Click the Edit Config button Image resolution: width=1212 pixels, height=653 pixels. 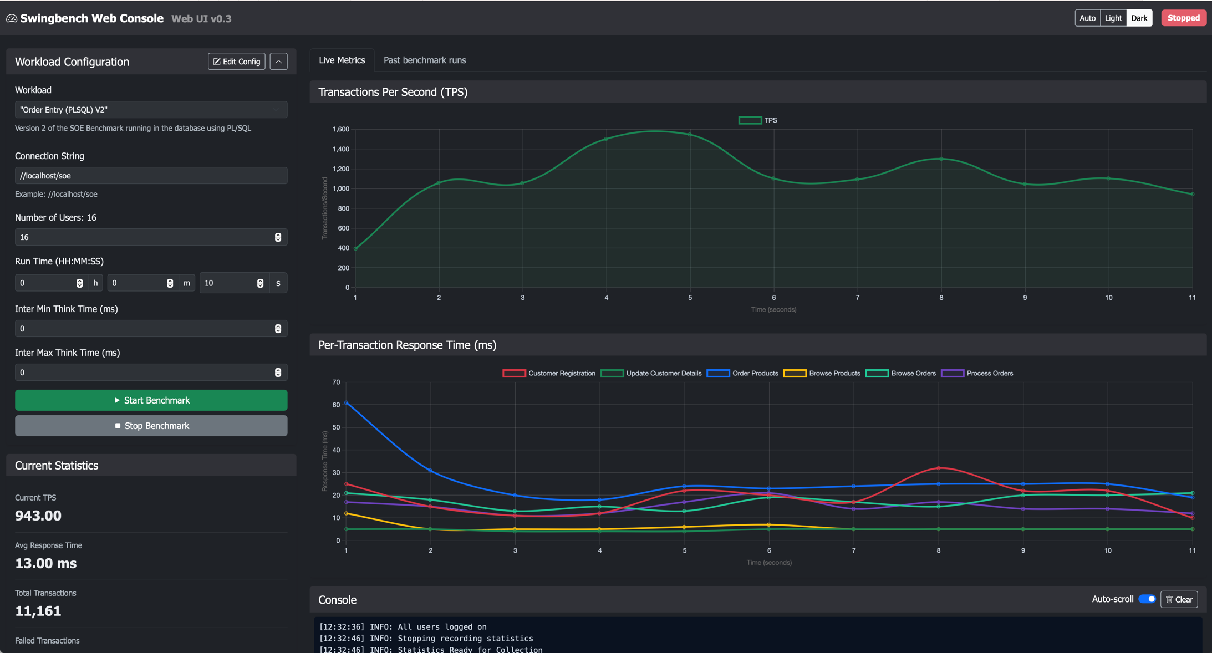coord(236,62)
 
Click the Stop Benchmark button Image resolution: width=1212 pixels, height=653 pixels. coord(151,426)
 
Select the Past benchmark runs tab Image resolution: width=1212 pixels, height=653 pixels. coord(424,60)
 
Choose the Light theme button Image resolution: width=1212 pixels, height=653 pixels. coord(1113,18)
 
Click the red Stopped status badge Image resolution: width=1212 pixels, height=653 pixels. coord(1183,18)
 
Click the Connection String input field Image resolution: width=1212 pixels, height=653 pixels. coord(151,176)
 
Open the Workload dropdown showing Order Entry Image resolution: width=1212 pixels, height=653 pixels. coord(151,110)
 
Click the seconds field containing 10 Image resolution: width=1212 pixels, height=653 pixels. coord(228,283)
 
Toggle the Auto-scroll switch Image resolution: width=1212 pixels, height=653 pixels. coord(1147,599)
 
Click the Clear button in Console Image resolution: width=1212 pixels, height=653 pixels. coord(1179,599)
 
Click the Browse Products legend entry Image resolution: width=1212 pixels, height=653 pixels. coord(822,373)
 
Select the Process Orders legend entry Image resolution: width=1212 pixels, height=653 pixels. coord(977,373)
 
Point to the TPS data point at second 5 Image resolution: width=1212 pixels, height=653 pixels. coord(690,134)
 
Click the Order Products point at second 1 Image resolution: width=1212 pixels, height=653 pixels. coord(346,403)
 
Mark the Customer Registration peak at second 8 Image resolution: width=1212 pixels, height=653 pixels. coord(939,468)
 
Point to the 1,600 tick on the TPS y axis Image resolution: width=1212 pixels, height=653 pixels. coord(340,129)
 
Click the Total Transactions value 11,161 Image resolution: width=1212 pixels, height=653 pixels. coord(38,611)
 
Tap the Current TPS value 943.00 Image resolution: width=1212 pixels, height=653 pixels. coord(38,516)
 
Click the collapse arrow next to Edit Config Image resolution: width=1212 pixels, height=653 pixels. coord(278,62)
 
